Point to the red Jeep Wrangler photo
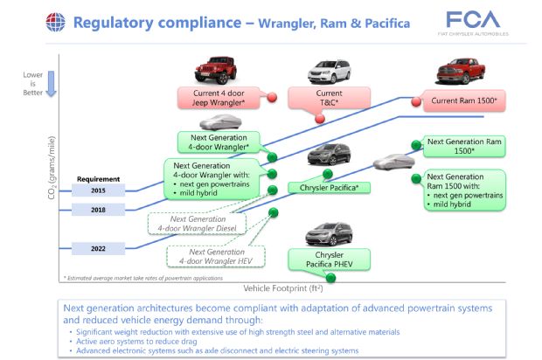tap(212, 68)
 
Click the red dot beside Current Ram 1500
tap(414, 101)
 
